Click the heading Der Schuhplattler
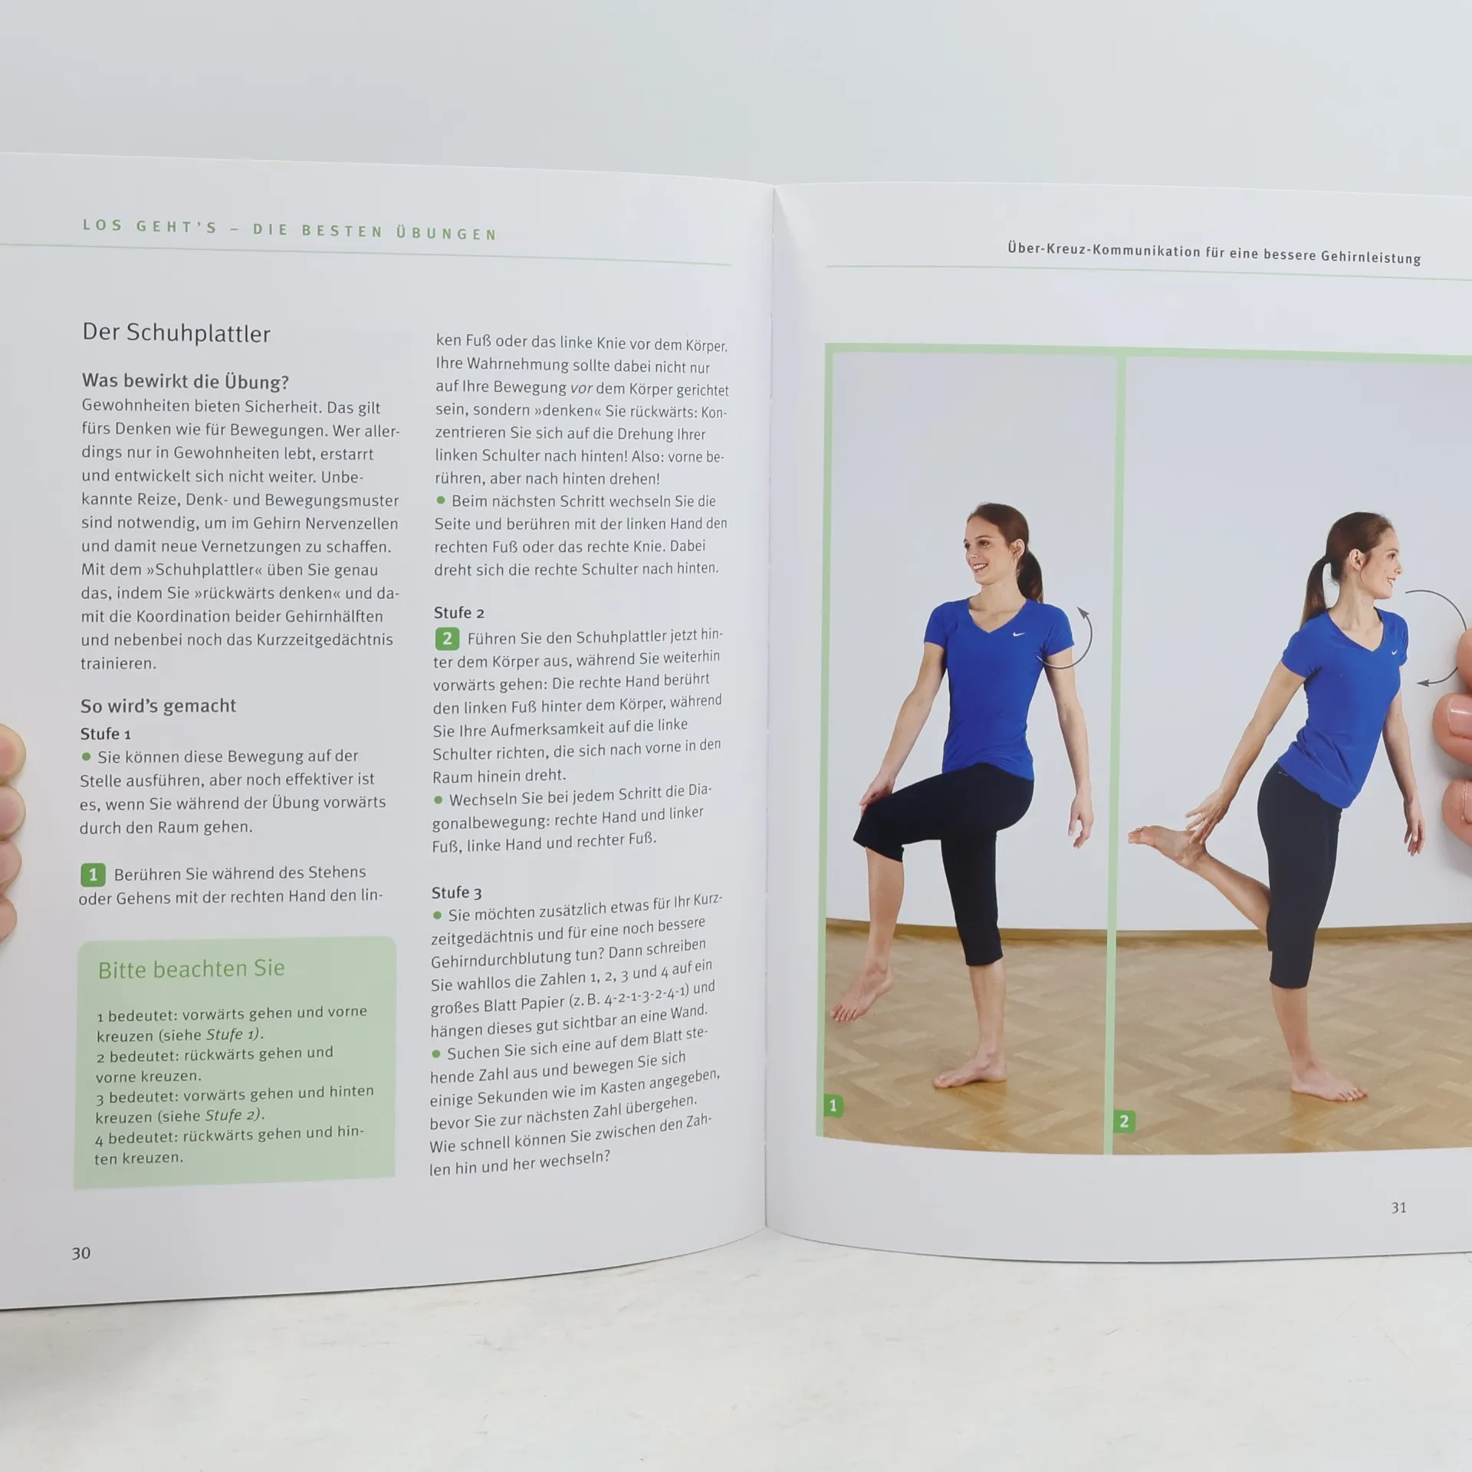click(176, 333)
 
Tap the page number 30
click(80, 1253)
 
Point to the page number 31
click(1398, 1207)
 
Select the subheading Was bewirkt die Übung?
click(185, 381)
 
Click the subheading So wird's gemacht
click(158, 705)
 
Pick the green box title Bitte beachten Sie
click(191, 968)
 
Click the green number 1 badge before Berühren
click(93, 874)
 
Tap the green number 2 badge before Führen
click(447, 638)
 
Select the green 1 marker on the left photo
click(833, 1106)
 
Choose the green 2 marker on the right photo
click(1124, 1121)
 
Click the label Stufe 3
click(456, 892)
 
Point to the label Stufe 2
click(458, 613)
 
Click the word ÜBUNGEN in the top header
click(446, 233)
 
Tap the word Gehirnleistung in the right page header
click(1371, 257)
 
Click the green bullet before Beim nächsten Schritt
click(441, 501)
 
